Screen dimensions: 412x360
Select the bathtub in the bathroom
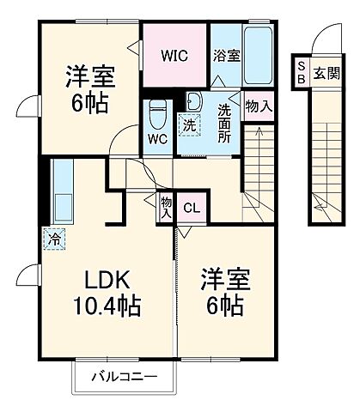point(257,56)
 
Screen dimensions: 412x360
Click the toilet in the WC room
point(157,112)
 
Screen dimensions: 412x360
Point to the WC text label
point(156,137)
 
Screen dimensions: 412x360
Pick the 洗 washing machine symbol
point(188,122)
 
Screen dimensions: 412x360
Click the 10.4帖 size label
point(107,305)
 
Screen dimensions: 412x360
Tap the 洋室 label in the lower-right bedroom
point(222,279)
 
